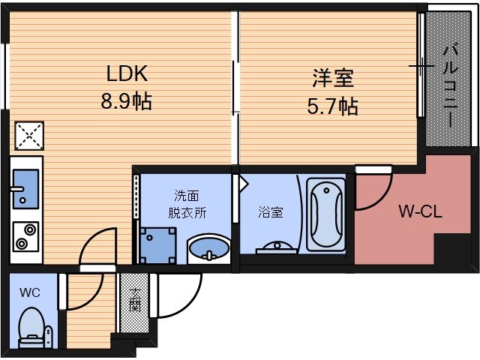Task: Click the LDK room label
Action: (x=126, y=74)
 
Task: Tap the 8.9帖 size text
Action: (x=126, y=101)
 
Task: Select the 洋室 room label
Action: (x=332, y=78)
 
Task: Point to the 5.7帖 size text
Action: (x=332, y=106)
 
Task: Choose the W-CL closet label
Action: (x=420, y=211)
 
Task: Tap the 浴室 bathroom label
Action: (x=271, y=211)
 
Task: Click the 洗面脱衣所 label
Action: (x=187, y=204)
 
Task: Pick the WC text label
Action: (x=31, y=290)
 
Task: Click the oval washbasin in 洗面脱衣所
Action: (x=208, y=247)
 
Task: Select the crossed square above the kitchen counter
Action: (x=28, y=136)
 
